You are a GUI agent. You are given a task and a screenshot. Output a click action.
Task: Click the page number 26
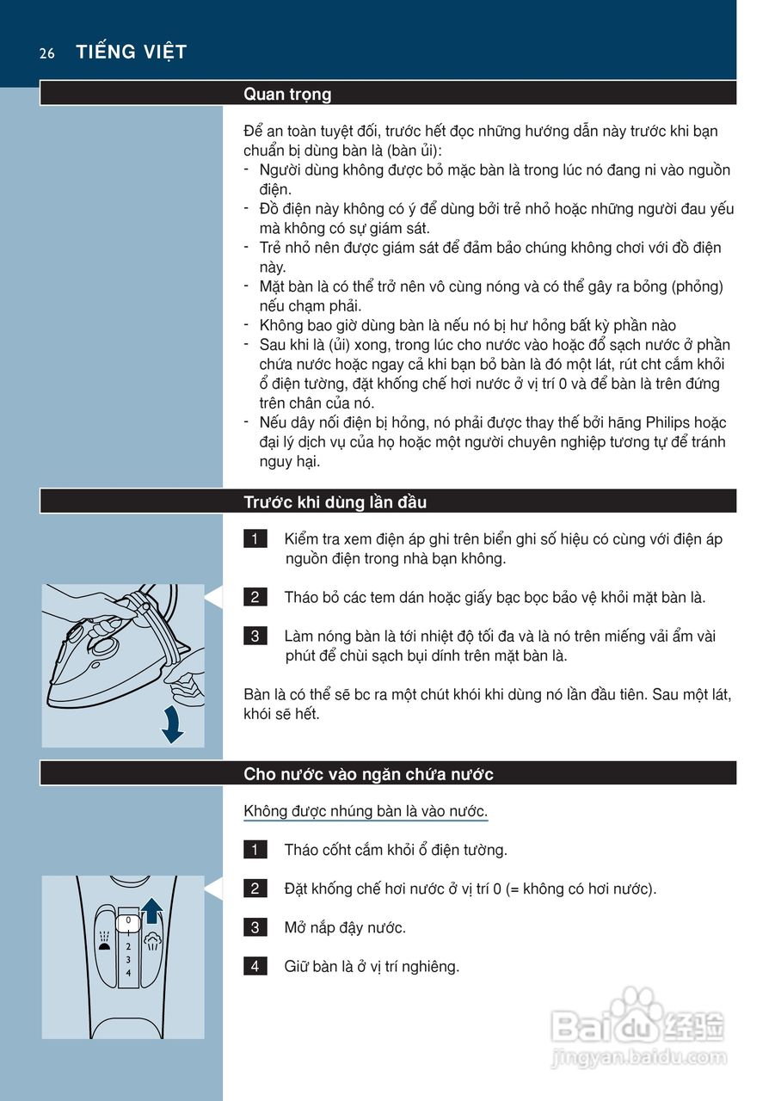coord(46,53)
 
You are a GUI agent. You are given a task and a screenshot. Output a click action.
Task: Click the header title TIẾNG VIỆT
coord(131,52)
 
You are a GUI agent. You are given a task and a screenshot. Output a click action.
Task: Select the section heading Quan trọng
coord(287,94)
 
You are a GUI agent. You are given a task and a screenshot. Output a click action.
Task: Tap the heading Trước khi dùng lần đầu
coord(335,502)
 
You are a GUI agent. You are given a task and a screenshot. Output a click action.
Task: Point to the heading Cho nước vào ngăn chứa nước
coord(368,774)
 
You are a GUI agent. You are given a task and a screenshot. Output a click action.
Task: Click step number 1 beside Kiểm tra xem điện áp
coord(255,539)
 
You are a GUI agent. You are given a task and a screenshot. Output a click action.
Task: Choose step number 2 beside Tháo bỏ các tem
coord(255,597)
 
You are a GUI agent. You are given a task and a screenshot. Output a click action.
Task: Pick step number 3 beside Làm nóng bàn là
coord(255,637)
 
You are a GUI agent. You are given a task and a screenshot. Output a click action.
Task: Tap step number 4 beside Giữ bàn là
coord(255,967)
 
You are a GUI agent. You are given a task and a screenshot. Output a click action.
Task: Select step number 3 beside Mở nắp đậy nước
coord(255,927)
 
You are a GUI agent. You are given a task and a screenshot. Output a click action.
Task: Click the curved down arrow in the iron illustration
coord(173,725)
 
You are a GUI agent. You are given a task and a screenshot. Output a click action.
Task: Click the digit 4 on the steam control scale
coord(128,972)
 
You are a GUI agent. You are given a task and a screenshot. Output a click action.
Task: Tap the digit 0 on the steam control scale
coord(128,920)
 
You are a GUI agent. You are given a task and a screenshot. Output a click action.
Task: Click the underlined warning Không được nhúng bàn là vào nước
coord(366,811)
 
